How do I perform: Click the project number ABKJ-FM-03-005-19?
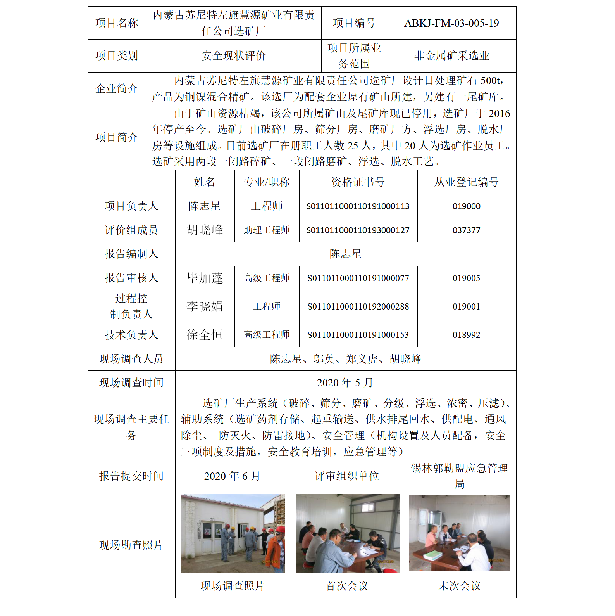[x=451, y=23]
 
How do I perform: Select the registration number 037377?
[x=466, y=230]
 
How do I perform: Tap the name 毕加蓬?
[x=205, y=278]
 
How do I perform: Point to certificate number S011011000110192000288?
[x=358, y=306]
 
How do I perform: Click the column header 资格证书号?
[x=358, y=182]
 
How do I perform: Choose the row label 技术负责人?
[x=131, y=335]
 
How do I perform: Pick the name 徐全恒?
[x=205, y=335]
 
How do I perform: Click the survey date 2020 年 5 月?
[x=345, y=383]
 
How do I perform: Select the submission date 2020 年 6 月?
[x=232, y=476]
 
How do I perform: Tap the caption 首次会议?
[x=347, y=586]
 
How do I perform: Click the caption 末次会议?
[x=459, y=586]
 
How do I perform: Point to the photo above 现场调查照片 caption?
[x=233, y=533]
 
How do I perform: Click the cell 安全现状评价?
[x=233, y=56]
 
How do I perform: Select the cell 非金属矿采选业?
[x=451, y=56]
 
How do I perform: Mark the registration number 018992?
[x=466, y=335]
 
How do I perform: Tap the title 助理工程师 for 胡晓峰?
[x=267, y=230]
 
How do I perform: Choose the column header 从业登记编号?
[x=466, y=182]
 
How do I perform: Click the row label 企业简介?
[x=117, y=89]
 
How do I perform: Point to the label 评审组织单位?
[x=347, y=476]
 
